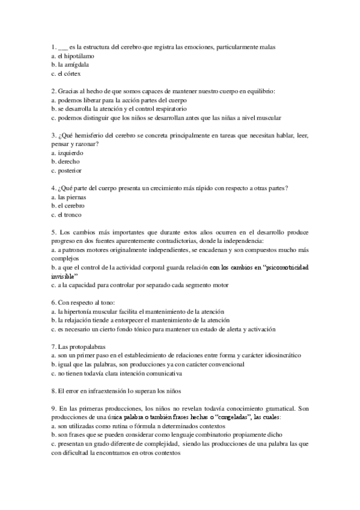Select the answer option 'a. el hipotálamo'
73,55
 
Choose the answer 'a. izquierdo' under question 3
68,153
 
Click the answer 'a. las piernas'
70,197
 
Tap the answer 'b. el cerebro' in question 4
71,206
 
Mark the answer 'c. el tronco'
67,215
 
